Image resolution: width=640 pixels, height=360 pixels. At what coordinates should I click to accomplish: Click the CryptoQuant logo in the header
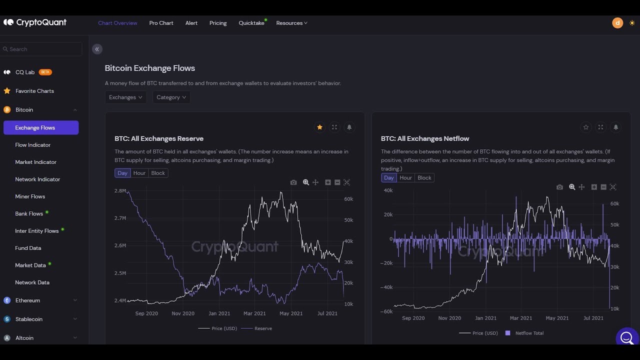[x=35, y=22]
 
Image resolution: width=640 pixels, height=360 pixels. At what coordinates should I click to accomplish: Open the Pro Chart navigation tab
[x=161, y=23]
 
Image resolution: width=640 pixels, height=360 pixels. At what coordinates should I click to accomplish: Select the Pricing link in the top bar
[x=218, y=23]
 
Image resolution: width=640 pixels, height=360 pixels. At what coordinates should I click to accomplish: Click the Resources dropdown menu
[x=291, y=23]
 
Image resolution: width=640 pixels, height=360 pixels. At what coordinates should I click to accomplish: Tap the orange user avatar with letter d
[x=617, y=22]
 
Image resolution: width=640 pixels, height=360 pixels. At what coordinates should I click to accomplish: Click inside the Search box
[x=42, y=49]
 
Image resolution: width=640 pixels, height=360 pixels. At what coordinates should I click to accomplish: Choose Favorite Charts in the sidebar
[x=34, y=91]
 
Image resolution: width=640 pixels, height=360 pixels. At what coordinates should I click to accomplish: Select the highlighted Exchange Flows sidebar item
[x=40, y=127]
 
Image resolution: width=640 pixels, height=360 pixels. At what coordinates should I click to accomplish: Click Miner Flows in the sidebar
[x=30, y=196]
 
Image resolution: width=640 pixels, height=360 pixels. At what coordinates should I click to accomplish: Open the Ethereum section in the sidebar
[x=27, y=300]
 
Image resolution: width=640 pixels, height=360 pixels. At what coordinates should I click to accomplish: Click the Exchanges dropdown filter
[x=125, y=97]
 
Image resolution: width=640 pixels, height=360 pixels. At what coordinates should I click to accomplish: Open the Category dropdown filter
[x=171, y=97]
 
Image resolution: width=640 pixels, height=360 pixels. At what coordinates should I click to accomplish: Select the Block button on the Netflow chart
[x=424, y=178]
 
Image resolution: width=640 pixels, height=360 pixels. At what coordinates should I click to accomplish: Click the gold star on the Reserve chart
[x=319, y=127]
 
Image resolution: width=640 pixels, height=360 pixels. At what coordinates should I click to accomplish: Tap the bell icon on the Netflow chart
[x=615, y=127]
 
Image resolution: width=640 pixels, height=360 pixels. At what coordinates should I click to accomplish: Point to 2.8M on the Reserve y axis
[x=120, y=191]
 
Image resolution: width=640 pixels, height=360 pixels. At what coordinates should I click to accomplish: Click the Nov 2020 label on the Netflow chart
[x=449, y=318]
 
